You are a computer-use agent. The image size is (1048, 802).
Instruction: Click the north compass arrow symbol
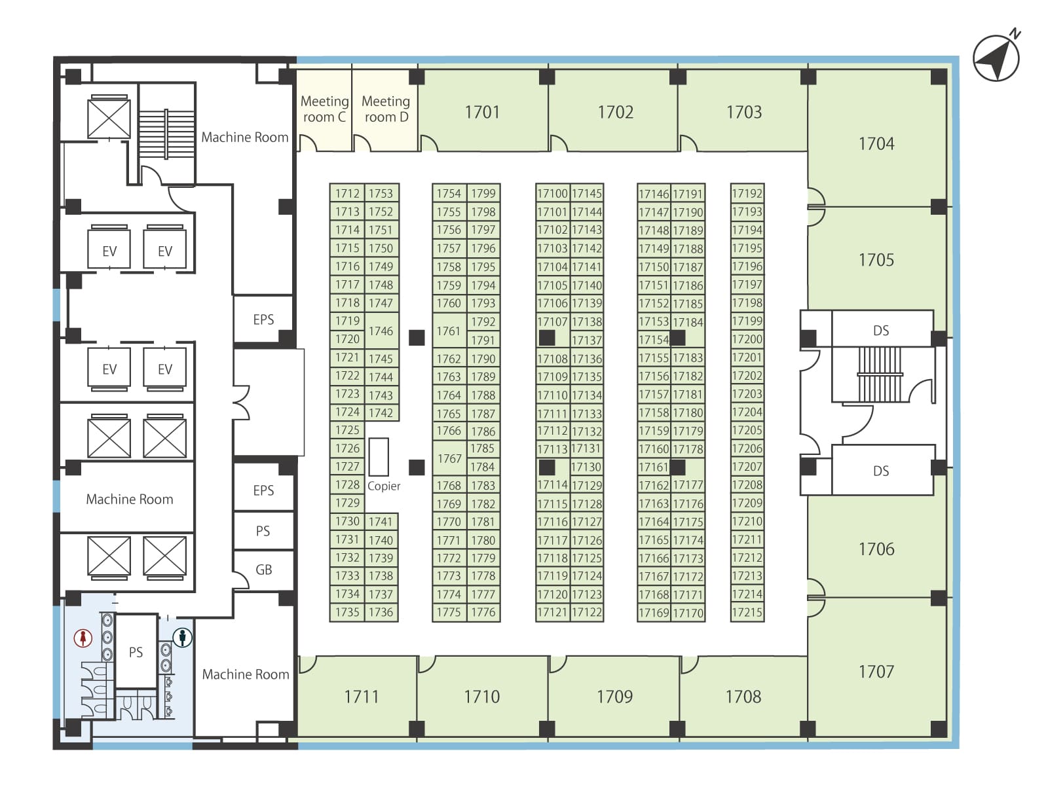pos(996,58)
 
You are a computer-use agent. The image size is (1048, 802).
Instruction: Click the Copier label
pos(383,486)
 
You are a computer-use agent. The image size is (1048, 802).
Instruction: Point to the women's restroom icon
pos(83,638)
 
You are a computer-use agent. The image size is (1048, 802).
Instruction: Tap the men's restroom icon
pos(182,637)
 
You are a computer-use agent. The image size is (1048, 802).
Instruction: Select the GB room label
pos(263,570)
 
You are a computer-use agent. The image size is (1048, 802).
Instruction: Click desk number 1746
pos(381,331)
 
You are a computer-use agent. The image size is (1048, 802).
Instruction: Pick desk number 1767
pos(449,458)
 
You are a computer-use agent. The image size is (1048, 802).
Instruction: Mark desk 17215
pos(747,612)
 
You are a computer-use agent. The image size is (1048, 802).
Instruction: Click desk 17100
pos(553,193)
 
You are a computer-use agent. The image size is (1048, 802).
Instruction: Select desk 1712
pos(347,193)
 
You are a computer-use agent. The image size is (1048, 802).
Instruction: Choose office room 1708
pos(743,696)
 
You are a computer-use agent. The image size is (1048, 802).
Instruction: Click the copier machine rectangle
pos(379,457)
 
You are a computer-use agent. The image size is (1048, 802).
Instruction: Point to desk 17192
pos(747,193)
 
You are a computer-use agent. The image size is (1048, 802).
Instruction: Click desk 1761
pos(449,331)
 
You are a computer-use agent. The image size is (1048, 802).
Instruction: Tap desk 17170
pos(688,613)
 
